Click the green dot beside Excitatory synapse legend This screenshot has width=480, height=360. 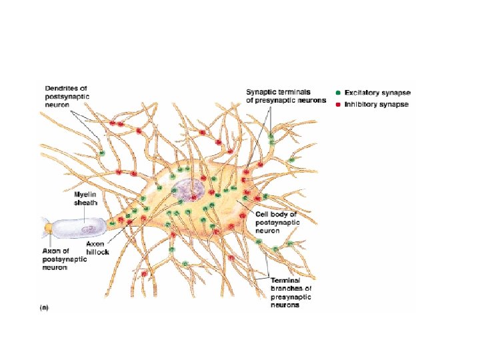pos(338,92)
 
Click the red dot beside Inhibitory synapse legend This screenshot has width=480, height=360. pos(338,105)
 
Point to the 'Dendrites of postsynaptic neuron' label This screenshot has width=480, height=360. pos(66,97)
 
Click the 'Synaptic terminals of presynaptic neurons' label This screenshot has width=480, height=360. pos(285,96)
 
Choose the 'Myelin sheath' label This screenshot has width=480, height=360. pos(86,198)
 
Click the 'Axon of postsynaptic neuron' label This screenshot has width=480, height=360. pos(64,259)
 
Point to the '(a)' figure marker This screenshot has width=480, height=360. pos(44,307)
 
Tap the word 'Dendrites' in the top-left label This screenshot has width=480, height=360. pos(62,87)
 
